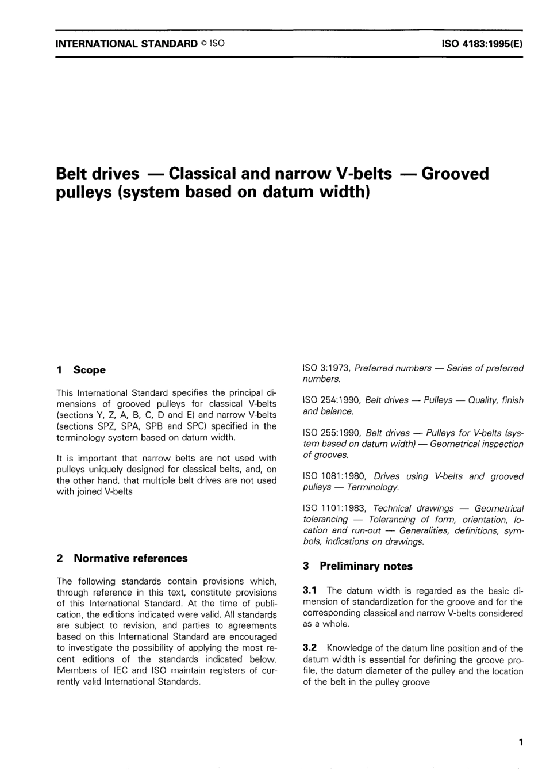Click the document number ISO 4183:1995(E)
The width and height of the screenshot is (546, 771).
482,43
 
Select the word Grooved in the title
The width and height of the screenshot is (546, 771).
455,173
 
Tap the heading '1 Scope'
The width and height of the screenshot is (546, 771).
81,370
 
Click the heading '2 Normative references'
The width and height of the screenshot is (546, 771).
122,558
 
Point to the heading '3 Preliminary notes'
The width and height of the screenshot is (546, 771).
357,566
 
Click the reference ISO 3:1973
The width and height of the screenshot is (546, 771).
326,368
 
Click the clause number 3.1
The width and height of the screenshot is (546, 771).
310,591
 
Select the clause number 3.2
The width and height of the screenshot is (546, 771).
310,648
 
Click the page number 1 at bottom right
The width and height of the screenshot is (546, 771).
521,742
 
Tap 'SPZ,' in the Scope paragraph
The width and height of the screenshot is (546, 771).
109,426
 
